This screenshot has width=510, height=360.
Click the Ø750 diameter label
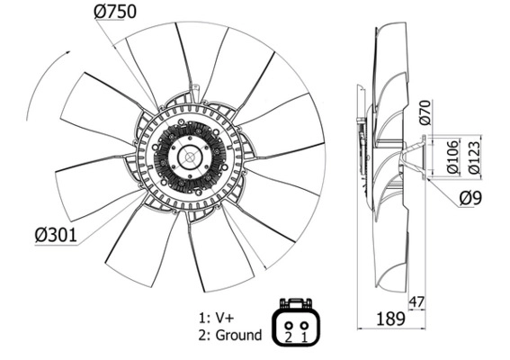(x=115, y=12)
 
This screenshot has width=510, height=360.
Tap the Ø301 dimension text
(x=56, y=235)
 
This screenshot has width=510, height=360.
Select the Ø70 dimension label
(x=425, y=112)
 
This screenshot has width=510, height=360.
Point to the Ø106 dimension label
(x=452, y=157)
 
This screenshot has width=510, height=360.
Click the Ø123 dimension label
(x=474, y=157)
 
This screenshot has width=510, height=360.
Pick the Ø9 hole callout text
(x=470, y=198)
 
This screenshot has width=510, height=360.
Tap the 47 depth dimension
(x=416, y=302)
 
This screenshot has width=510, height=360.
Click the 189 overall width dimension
(x=390, y=319)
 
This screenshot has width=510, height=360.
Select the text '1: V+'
(x=216, y=318)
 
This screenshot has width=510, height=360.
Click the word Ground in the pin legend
(x=238, y=335)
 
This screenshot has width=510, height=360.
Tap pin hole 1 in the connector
(x=304, y=325)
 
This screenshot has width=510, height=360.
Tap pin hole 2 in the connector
(x=289, y=325)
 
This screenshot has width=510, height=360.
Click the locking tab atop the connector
(x=296, y=302)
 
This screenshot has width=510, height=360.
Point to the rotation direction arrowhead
(x=67, y=52)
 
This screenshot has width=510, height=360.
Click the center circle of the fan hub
(x=190, y=157)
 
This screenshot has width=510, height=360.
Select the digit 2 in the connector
(x=288, y=337)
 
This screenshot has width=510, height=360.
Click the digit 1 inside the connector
(x=304, y=337)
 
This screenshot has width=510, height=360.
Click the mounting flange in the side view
(x=424, y=157)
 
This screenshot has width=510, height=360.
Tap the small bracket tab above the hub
(x=195, y=89)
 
